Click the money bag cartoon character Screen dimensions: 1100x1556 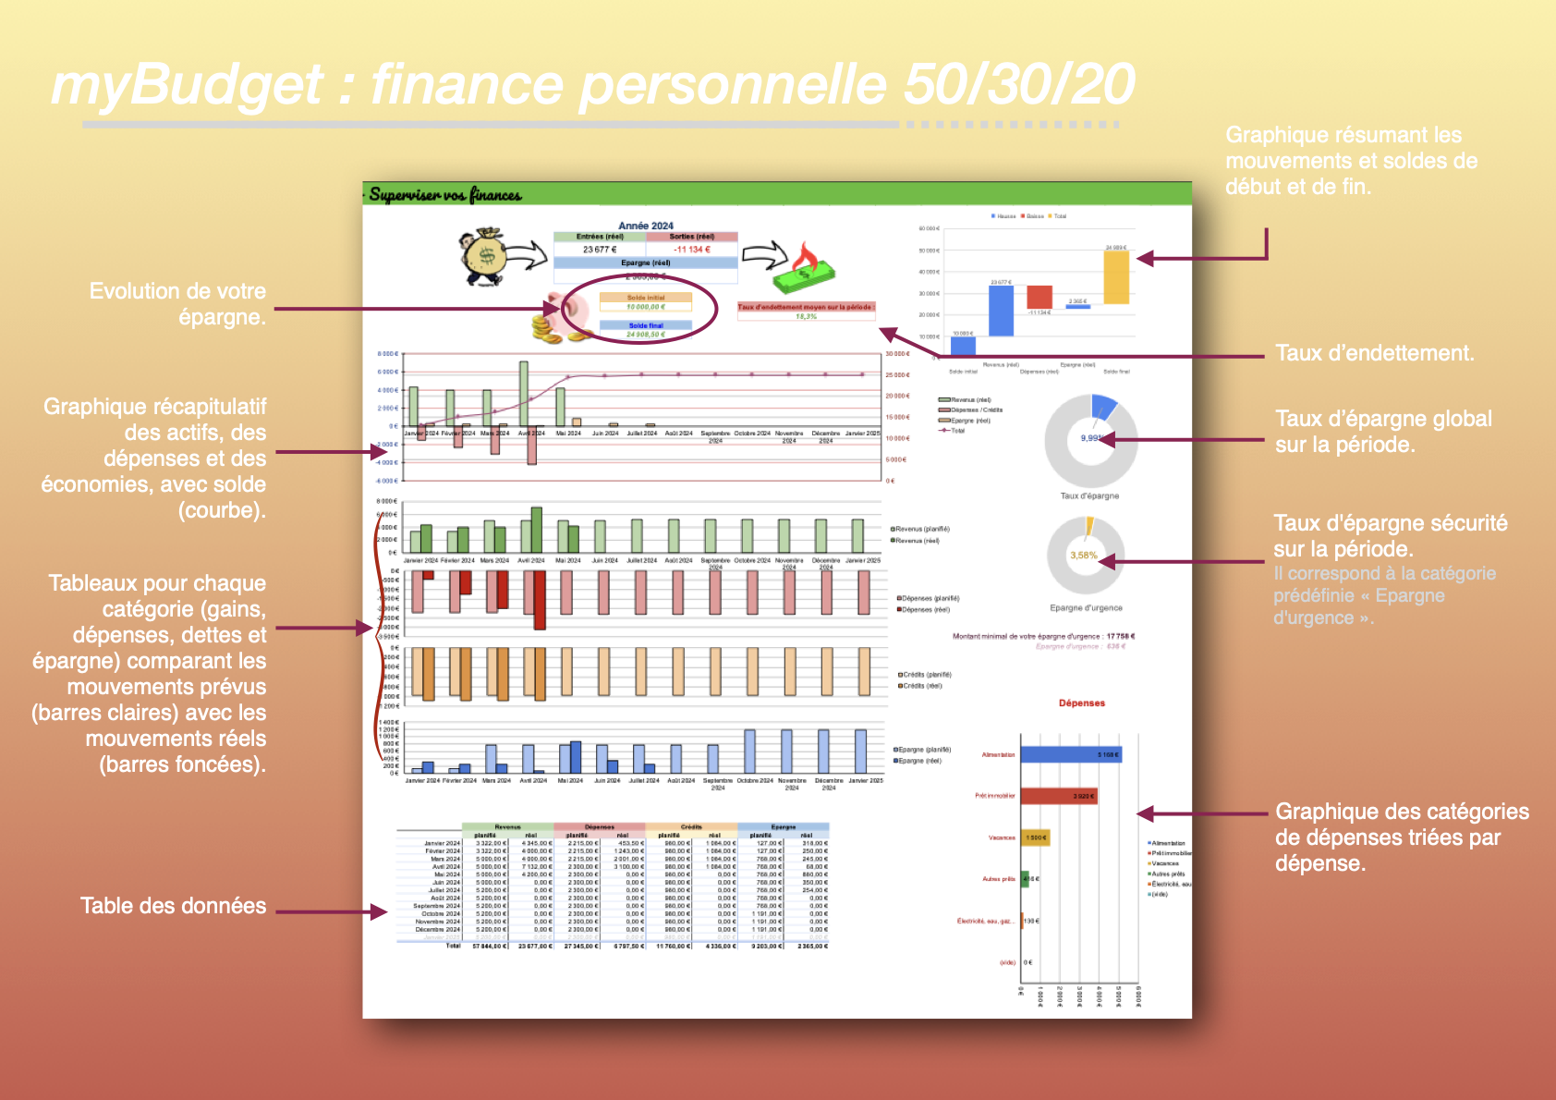click(485, 255)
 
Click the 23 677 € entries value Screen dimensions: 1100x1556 click(599, 250)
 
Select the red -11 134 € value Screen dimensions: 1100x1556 click(692, 250)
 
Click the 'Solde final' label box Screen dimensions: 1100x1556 click(646, 325)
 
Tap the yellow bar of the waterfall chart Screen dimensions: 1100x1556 click(1116, 277)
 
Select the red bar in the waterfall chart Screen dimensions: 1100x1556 click(1039, 297)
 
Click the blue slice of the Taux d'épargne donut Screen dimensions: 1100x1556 click(1103, 406)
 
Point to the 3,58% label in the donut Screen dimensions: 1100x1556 click(1083, 556)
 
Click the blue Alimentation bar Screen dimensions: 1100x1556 click(1070, 755)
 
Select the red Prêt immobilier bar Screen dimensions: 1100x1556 click(1058, 796)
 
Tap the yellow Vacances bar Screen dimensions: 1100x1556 click(1035, 837)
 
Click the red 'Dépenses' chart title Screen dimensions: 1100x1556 click(1082, 703)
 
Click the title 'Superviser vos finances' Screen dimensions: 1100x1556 click(445, 195)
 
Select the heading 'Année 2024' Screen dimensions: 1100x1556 click(646, 226)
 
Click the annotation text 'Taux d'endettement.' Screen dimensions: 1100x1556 click(1375, 353)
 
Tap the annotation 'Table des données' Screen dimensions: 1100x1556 click(173, 906)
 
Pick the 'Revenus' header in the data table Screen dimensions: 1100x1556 click(507, 827)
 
